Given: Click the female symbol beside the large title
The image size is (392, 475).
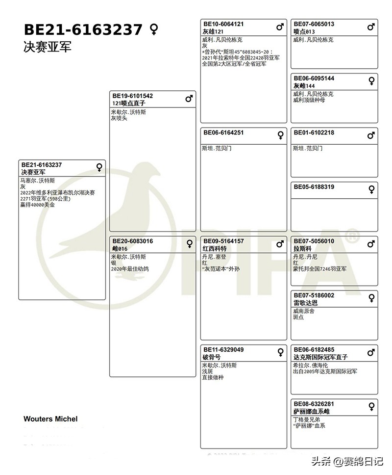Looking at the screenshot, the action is [154, 30].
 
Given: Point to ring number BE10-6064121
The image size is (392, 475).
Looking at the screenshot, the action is [223, 24].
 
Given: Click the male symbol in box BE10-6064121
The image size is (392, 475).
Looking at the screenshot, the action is [280, 27].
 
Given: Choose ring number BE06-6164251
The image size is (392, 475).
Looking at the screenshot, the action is [223, 133].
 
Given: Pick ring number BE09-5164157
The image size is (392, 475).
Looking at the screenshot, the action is [223, 241].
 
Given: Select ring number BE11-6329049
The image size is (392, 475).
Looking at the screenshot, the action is [223, 350].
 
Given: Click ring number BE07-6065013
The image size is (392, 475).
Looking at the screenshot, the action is [314, 24].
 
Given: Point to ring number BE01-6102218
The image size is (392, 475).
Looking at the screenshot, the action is [314, 133].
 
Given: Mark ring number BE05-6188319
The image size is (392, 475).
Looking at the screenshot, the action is [314, 187].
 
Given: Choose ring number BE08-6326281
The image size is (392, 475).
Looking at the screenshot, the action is [314, 404].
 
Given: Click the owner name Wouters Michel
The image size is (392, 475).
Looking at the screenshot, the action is [50, 419].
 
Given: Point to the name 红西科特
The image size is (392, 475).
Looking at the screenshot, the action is [215, 249].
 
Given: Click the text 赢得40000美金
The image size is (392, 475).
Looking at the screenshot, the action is [37, 205].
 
